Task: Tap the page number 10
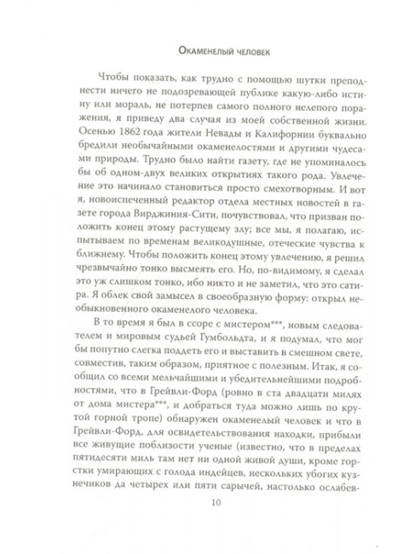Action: click(204, 522)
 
